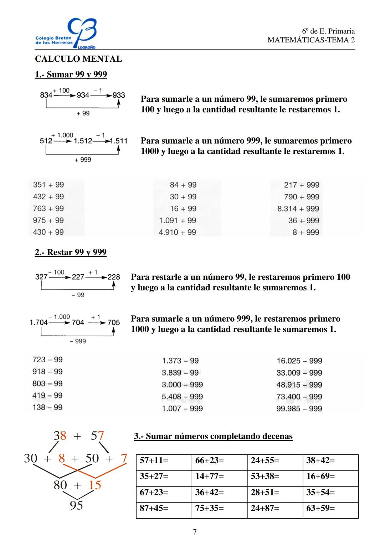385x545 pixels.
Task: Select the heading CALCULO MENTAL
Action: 78,59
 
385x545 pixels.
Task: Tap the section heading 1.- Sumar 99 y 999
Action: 71,75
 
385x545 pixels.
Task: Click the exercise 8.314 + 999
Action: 298,209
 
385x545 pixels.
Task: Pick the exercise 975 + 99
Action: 48,220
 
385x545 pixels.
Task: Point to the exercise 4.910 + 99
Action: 177,232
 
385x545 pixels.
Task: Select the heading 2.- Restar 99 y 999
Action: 71,252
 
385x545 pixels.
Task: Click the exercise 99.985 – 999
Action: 299,408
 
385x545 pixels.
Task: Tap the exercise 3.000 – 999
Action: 182,384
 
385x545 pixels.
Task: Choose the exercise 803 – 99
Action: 47,383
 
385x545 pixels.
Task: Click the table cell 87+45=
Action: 164,508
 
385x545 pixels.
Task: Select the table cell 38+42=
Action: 330,460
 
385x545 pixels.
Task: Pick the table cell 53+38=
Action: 274,476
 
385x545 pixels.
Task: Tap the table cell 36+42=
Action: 219,492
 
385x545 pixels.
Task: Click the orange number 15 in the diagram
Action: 95,485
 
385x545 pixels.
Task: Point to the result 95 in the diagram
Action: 76,505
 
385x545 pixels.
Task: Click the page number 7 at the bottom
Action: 195,532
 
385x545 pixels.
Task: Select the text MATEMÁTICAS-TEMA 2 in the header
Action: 311,40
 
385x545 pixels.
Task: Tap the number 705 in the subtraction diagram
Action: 113,322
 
